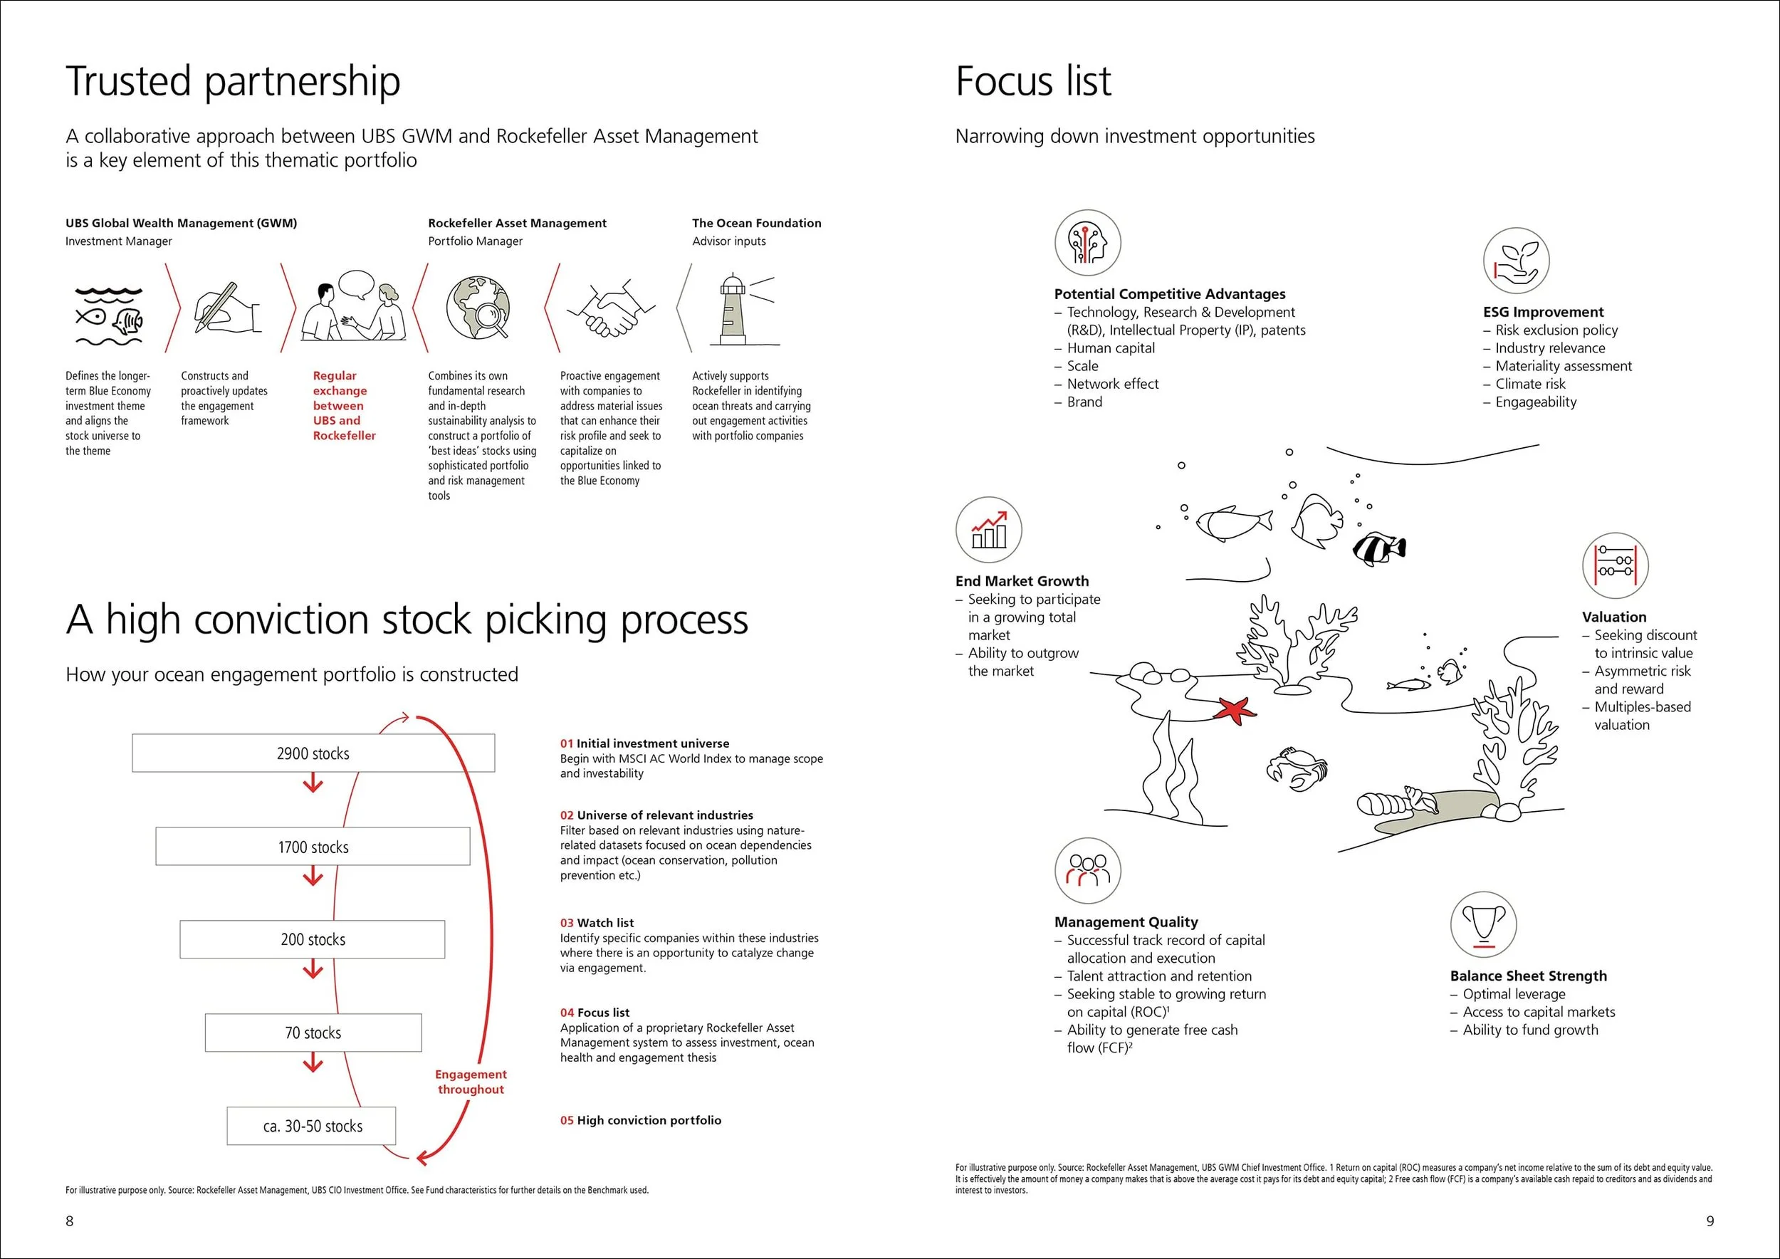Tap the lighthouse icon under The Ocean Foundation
733,310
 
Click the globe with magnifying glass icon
478,308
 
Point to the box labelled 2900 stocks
313,753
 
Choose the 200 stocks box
313,939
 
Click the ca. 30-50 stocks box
312,1126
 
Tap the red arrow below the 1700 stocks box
313,877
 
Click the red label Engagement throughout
471,1082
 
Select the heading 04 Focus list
595,1013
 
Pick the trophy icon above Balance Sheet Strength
1483,924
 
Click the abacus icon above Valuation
1615,565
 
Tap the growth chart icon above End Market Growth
988,530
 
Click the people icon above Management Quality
1088,869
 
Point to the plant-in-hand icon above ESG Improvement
1516,261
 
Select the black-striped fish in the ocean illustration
1379,548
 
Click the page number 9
1710,1221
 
